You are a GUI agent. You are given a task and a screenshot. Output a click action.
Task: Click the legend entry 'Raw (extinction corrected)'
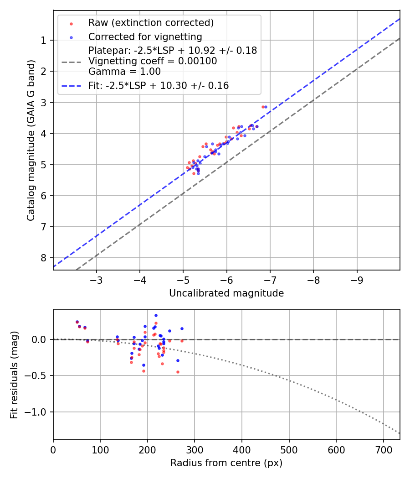point(151,22)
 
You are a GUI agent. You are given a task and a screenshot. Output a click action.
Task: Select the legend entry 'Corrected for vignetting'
point(145,36)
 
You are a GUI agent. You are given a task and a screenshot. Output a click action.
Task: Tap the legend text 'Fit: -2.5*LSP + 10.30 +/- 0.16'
point(159,85)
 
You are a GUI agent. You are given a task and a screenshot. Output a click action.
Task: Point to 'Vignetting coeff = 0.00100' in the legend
point(153,61)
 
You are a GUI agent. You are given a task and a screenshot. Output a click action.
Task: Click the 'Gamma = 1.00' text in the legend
point(124,71)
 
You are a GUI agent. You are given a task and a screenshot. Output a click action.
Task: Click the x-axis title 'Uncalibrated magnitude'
point(226,293)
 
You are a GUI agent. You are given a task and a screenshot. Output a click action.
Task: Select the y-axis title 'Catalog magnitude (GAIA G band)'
point(31,140)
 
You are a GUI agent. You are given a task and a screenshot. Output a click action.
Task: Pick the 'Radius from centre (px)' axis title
point(226,463)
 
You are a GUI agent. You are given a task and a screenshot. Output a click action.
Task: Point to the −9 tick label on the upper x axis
point(357,279)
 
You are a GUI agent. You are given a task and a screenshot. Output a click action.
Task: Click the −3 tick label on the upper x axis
point(97,279)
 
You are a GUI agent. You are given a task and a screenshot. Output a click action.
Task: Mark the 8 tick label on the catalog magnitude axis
point(43,258)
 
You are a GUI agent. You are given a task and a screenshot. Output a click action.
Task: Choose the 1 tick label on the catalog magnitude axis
point(43,40)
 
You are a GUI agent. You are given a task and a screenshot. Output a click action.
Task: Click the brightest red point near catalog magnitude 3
point(263,107)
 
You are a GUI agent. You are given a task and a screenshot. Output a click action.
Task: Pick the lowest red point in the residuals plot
point(178,372)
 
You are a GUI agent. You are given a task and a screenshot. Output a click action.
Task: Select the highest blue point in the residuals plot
point(156,315)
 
